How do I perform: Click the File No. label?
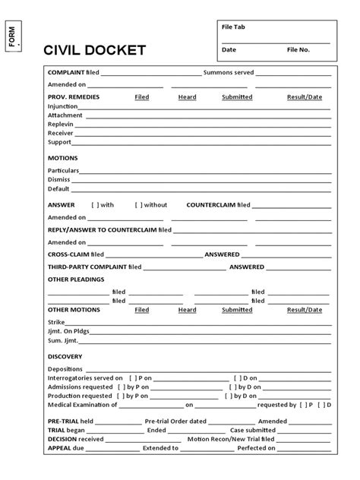point(298,49)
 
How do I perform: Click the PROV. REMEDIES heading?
point(74,97)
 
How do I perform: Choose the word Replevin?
point(60,124)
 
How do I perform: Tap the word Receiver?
point(60,133)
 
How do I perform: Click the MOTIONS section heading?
point(63,158)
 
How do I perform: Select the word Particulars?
point(63,170)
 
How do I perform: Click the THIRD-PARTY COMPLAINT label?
point(87,267)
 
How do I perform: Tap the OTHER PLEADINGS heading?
point(76,279)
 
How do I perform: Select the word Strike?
point(56,323)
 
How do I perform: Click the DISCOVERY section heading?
point(65,356)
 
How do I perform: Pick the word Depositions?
point(65,368)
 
